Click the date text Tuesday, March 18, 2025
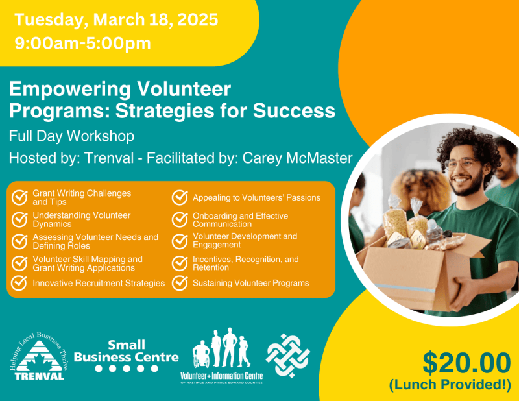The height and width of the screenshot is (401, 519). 116,19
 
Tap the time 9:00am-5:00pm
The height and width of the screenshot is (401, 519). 82,43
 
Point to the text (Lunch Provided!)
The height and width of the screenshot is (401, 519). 450,385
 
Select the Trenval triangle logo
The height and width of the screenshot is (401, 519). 40,359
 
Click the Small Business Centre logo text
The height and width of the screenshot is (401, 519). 126,351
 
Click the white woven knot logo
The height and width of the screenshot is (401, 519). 288,355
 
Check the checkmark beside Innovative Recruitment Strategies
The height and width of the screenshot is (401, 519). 20,283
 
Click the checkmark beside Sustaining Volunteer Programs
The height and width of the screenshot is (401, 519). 180,283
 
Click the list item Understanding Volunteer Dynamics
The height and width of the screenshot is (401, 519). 81,219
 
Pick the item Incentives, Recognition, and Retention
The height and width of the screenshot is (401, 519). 245,263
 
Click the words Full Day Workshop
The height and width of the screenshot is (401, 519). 71,136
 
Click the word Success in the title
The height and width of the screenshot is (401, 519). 299,110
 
